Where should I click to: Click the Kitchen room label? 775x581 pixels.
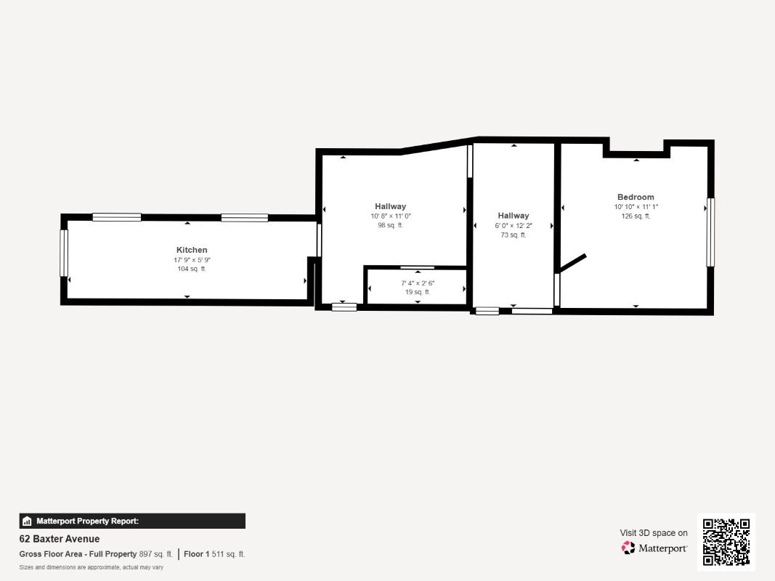coord(192,250)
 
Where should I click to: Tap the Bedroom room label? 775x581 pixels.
coord(636,197)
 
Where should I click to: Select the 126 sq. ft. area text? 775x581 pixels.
coord(636,216)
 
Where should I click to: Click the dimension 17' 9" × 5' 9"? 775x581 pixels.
coord(192,260)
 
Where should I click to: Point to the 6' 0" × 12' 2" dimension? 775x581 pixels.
coord(514,225)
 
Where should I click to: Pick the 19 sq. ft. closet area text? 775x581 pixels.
coord(418,292)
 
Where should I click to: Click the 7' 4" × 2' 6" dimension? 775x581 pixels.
coord(418,283)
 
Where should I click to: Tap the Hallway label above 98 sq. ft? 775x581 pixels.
coord(391,206)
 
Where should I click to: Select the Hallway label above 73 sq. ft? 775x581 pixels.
coord(514,216)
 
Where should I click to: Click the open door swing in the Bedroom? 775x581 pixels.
coord(572,264)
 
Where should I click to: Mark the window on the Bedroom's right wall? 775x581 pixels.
coord(711,232)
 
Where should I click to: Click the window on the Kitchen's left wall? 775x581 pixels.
coord(64,253)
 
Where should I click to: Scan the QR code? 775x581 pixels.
coord(726,543)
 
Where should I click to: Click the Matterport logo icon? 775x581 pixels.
coord(628,548)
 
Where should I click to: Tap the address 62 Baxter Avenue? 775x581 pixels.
coord(60,539)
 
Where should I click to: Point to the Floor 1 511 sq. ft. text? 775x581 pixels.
coord(214,554)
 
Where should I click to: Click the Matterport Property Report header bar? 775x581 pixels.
coord(132,521)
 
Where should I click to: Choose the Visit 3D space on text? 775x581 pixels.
coord(654,533)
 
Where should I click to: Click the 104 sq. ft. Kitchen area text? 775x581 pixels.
coord(192,269)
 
